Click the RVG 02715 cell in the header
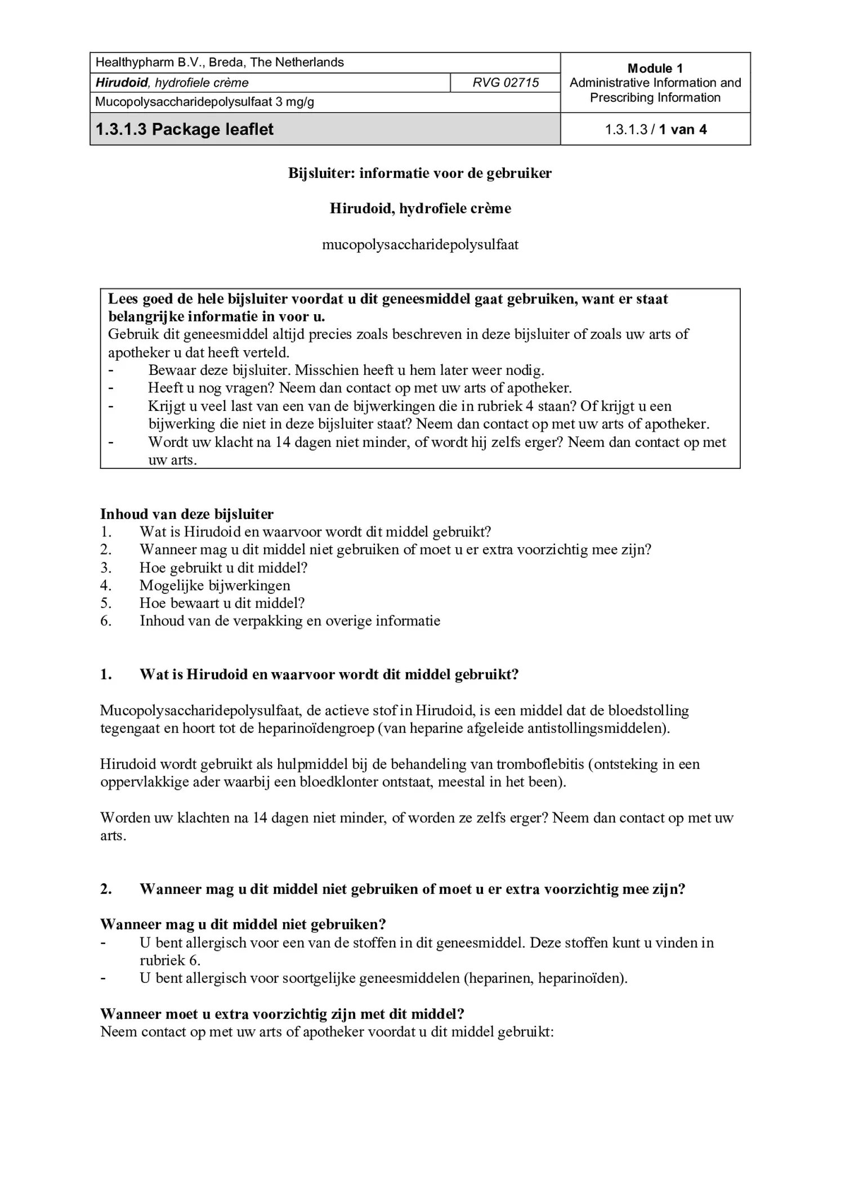pos(505,83)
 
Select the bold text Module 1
pos(655,68)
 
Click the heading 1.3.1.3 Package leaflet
pos(184,129)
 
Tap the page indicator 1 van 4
pos(682,129)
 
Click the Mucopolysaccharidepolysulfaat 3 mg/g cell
pos(204,102)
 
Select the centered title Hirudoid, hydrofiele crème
pos(420,208)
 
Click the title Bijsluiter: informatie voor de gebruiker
pos(420,173)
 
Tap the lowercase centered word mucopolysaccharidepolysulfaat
pos(420,244)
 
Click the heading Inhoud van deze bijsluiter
pos(187,513)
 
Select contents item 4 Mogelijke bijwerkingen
pos(214,585)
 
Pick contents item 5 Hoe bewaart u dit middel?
pos(222,603)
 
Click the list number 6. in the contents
pos(106,621)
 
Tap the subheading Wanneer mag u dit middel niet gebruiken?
pos(243,924)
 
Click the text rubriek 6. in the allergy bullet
pos(170,960)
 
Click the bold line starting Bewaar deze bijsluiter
pos(346,370)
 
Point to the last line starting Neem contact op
pos(326,1031)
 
